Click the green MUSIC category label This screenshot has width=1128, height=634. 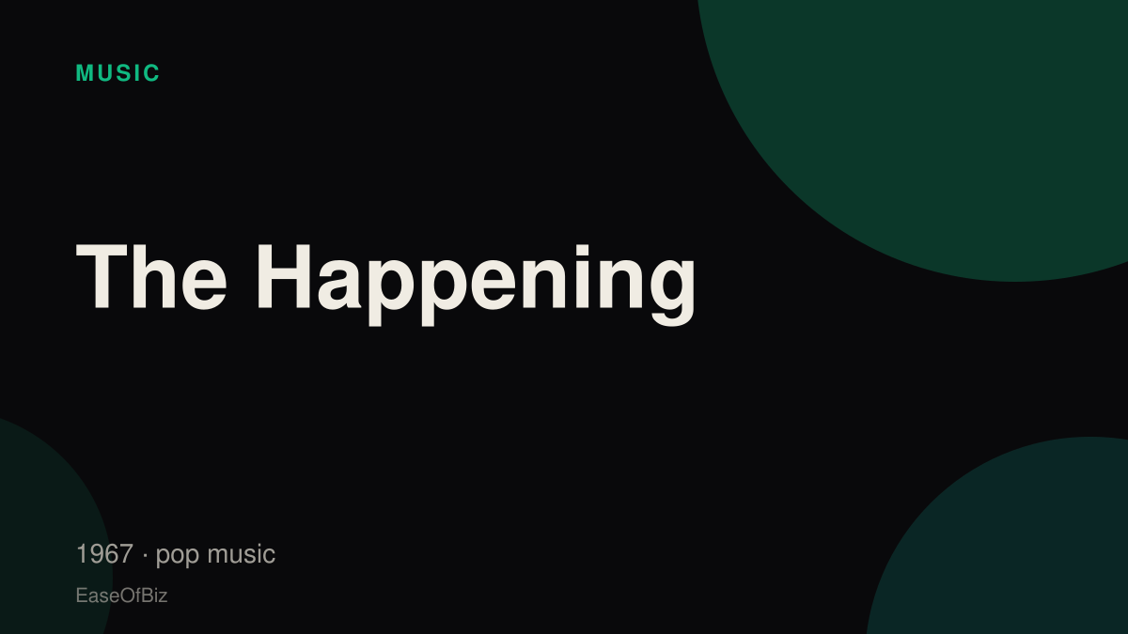117,73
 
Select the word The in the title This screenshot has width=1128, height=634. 151,276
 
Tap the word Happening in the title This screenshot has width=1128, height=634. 477,285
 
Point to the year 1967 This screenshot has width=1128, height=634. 104,553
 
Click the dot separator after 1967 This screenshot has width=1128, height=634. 145,555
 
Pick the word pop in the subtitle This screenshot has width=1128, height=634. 178,556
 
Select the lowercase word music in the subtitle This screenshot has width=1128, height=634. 242,554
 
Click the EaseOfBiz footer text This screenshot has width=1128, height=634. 121,595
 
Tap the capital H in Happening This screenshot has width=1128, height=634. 284,276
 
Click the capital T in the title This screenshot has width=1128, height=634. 102,276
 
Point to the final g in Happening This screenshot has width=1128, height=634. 673,293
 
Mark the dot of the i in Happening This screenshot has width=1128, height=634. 583,250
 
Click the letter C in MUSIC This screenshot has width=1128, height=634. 151,73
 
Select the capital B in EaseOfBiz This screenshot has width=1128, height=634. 147,595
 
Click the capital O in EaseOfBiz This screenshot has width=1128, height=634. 127,595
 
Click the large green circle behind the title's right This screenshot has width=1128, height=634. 932,126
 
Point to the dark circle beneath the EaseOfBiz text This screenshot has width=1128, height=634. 45,533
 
